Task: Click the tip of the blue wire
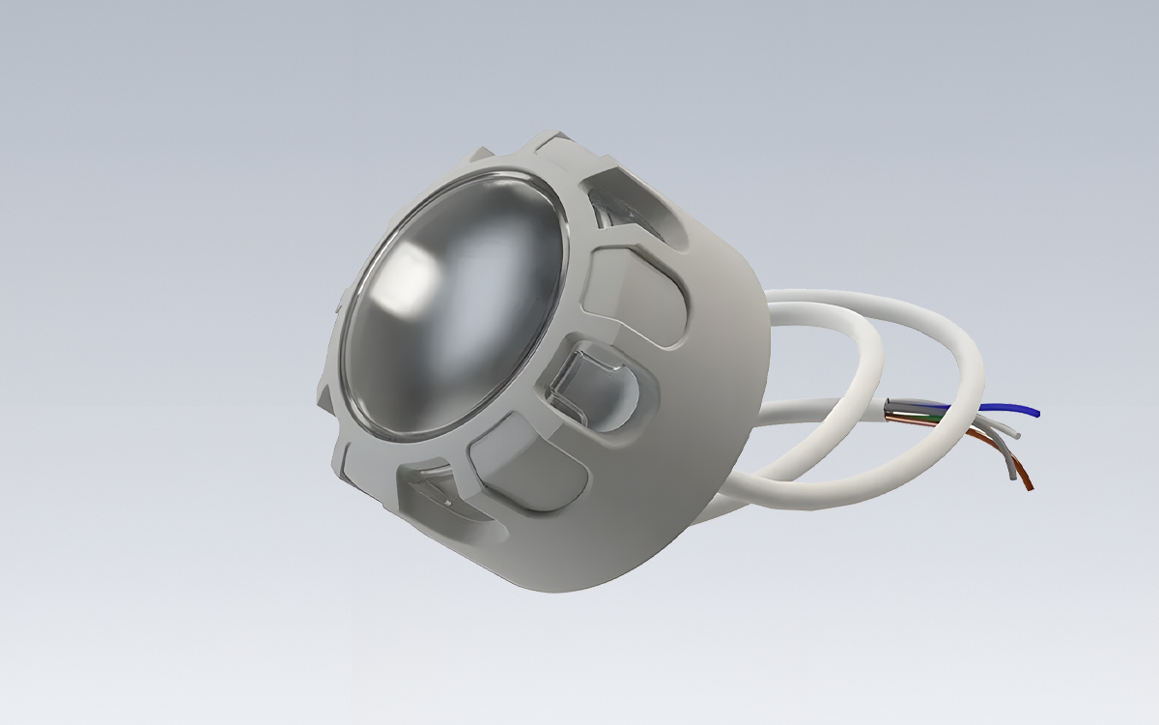coord(1037,413)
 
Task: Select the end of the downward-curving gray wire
coord(1011,476)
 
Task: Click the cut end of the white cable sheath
coord(888,411)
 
